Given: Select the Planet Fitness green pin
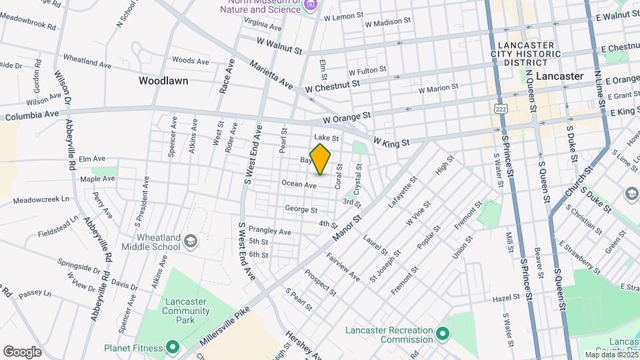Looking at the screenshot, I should (173, 347).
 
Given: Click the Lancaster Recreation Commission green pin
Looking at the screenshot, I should (442, 331).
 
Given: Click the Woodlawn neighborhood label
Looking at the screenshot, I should (163, 81).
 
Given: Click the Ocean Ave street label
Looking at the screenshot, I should (298, 184).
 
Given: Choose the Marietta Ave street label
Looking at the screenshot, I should (271, 75).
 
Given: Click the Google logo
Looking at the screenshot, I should (23, 351).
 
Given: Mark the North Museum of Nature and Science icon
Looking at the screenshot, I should (309, 5).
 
